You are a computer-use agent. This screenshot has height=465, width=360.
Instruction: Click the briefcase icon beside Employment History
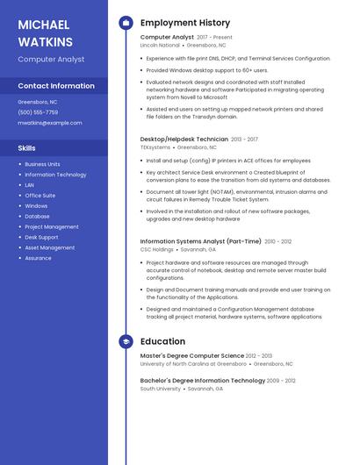tap(126, 22)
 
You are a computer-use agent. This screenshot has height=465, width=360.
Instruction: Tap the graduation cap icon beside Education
tap(126, 341)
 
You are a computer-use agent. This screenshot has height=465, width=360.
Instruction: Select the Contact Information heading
tap(56, 86)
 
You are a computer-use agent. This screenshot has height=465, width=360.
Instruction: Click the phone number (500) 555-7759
tap(38, 112)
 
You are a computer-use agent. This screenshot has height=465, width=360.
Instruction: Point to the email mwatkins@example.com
tap(50, 123)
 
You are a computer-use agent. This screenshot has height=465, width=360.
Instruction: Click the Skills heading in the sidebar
tap(27, 148)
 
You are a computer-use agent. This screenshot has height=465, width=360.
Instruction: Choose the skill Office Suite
tap(40, 196)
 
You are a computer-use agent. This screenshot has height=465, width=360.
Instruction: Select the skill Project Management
tap(52, 226)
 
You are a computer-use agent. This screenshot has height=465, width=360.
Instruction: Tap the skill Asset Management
tap(49, 247)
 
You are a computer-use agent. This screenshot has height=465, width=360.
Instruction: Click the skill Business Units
tap(42, 164)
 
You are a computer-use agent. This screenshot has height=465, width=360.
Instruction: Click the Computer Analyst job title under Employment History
tap(167, 38)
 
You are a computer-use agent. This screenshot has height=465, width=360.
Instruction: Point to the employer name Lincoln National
tap(160, 45)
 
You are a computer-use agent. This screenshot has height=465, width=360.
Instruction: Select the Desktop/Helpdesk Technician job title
tap(184, 139)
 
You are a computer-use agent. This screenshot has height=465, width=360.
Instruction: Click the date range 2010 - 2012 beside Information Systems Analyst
tap(278, 241)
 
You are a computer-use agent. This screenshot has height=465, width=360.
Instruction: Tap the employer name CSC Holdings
tap(157, 249)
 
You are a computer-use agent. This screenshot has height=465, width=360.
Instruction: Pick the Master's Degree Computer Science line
tap(192, 355)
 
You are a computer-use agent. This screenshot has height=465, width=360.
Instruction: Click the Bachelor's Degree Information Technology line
tap(202, 381)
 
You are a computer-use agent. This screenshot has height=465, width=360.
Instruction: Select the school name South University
tap(160, 388)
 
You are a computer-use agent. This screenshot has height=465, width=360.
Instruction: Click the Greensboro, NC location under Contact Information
tap(38, 102)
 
